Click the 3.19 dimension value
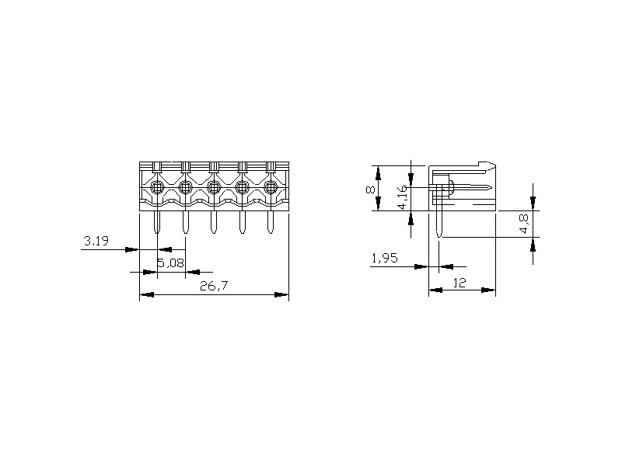pos(96,241)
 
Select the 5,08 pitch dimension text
pos(171,263)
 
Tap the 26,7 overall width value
pos(214,286)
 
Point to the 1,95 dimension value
pos(384,259)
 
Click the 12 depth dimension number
pos(459,283)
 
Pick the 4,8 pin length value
pos(524,224)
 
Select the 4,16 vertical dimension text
pos(402,197)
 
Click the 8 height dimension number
pos(370,190)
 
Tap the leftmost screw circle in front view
pos(157,186)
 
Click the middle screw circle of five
pos(214,186)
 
